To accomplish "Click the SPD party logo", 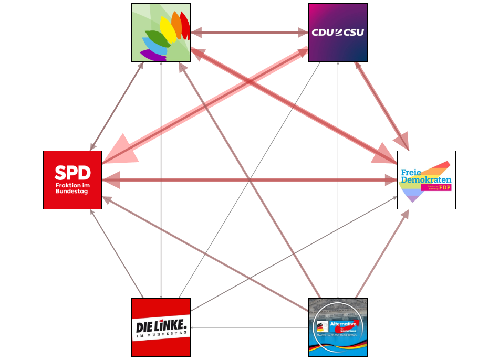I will [x=72, y=180].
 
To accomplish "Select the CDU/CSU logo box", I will [x=338, y=33].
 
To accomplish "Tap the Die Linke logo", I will [x=161, y=327].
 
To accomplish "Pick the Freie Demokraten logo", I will [x=426, y=180].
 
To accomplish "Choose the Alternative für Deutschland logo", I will [x=338, y=327].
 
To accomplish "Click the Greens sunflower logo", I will [x=161, y=33].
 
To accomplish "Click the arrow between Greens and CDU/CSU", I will [x=250, y=33].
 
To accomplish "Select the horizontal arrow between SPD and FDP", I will [x=250, y=180].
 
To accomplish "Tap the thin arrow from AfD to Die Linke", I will [x=250, y=328].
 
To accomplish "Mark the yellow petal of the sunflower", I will [x=168, y=29].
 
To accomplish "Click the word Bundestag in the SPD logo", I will [x=71, y=192].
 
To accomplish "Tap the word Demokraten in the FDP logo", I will [x=425, y=180].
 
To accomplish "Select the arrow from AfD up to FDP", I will [x=381, y=254].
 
